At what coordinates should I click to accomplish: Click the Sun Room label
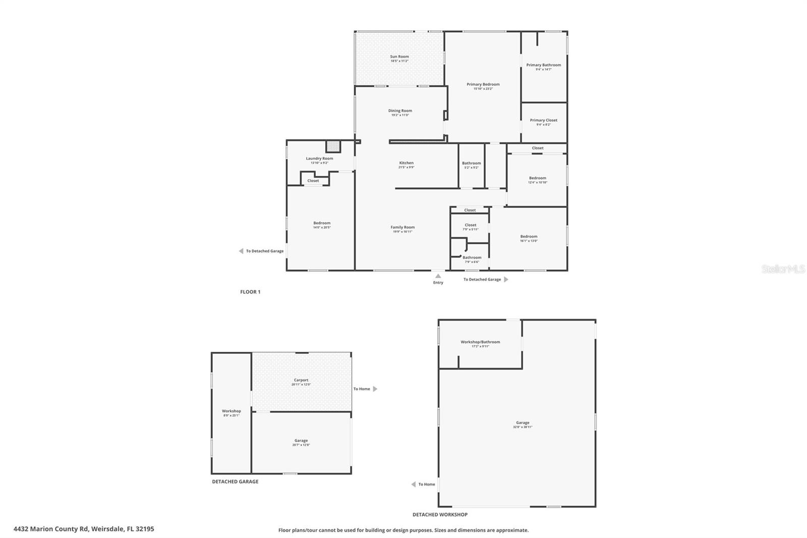click(x=399, y=57)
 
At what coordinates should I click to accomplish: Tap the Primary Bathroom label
click(x=543, y=65)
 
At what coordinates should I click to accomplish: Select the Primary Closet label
click(x=543, y=120)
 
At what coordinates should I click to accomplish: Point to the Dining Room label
click(x=400, y=111)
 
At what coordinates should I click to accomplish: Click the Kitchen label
click(x=406, y=163)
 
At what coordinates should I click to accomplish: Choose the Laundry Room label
click(x=319, y=158)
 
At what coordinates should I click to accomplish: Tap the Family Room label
click(x=402, y=227)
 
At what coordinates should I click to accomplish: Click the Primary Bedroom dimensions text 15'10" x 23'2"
click(x=483, y=89)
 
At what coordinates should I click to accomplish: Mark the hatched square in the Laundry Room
click(x=333, y=146)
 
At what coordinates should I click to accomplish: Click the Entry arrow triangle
click(x=438, y=276)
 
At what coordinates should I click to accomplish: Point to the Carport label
click(x=301, y=380)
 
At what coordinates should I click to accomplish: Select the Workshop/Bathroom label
click(x=480, y=342)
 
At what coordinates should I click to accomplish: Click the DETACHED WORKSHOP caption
click(x=440, y=515)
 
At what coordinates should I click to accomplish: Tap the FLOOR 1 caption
click(x=250, y=292)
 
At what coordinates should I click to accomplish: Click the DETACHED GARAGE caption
click(x=235, y=481)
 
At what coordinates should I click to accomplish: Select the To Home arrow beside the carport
click(x=375, y=389)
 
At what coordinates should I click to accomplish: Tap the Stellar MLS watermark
click(x=783, y=270)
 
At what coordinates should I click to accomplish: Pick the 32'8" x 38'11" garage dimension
click(x=523, y=427)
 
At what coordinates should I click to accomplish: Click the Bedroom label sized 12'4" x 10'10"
click(x=537, y=178)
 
